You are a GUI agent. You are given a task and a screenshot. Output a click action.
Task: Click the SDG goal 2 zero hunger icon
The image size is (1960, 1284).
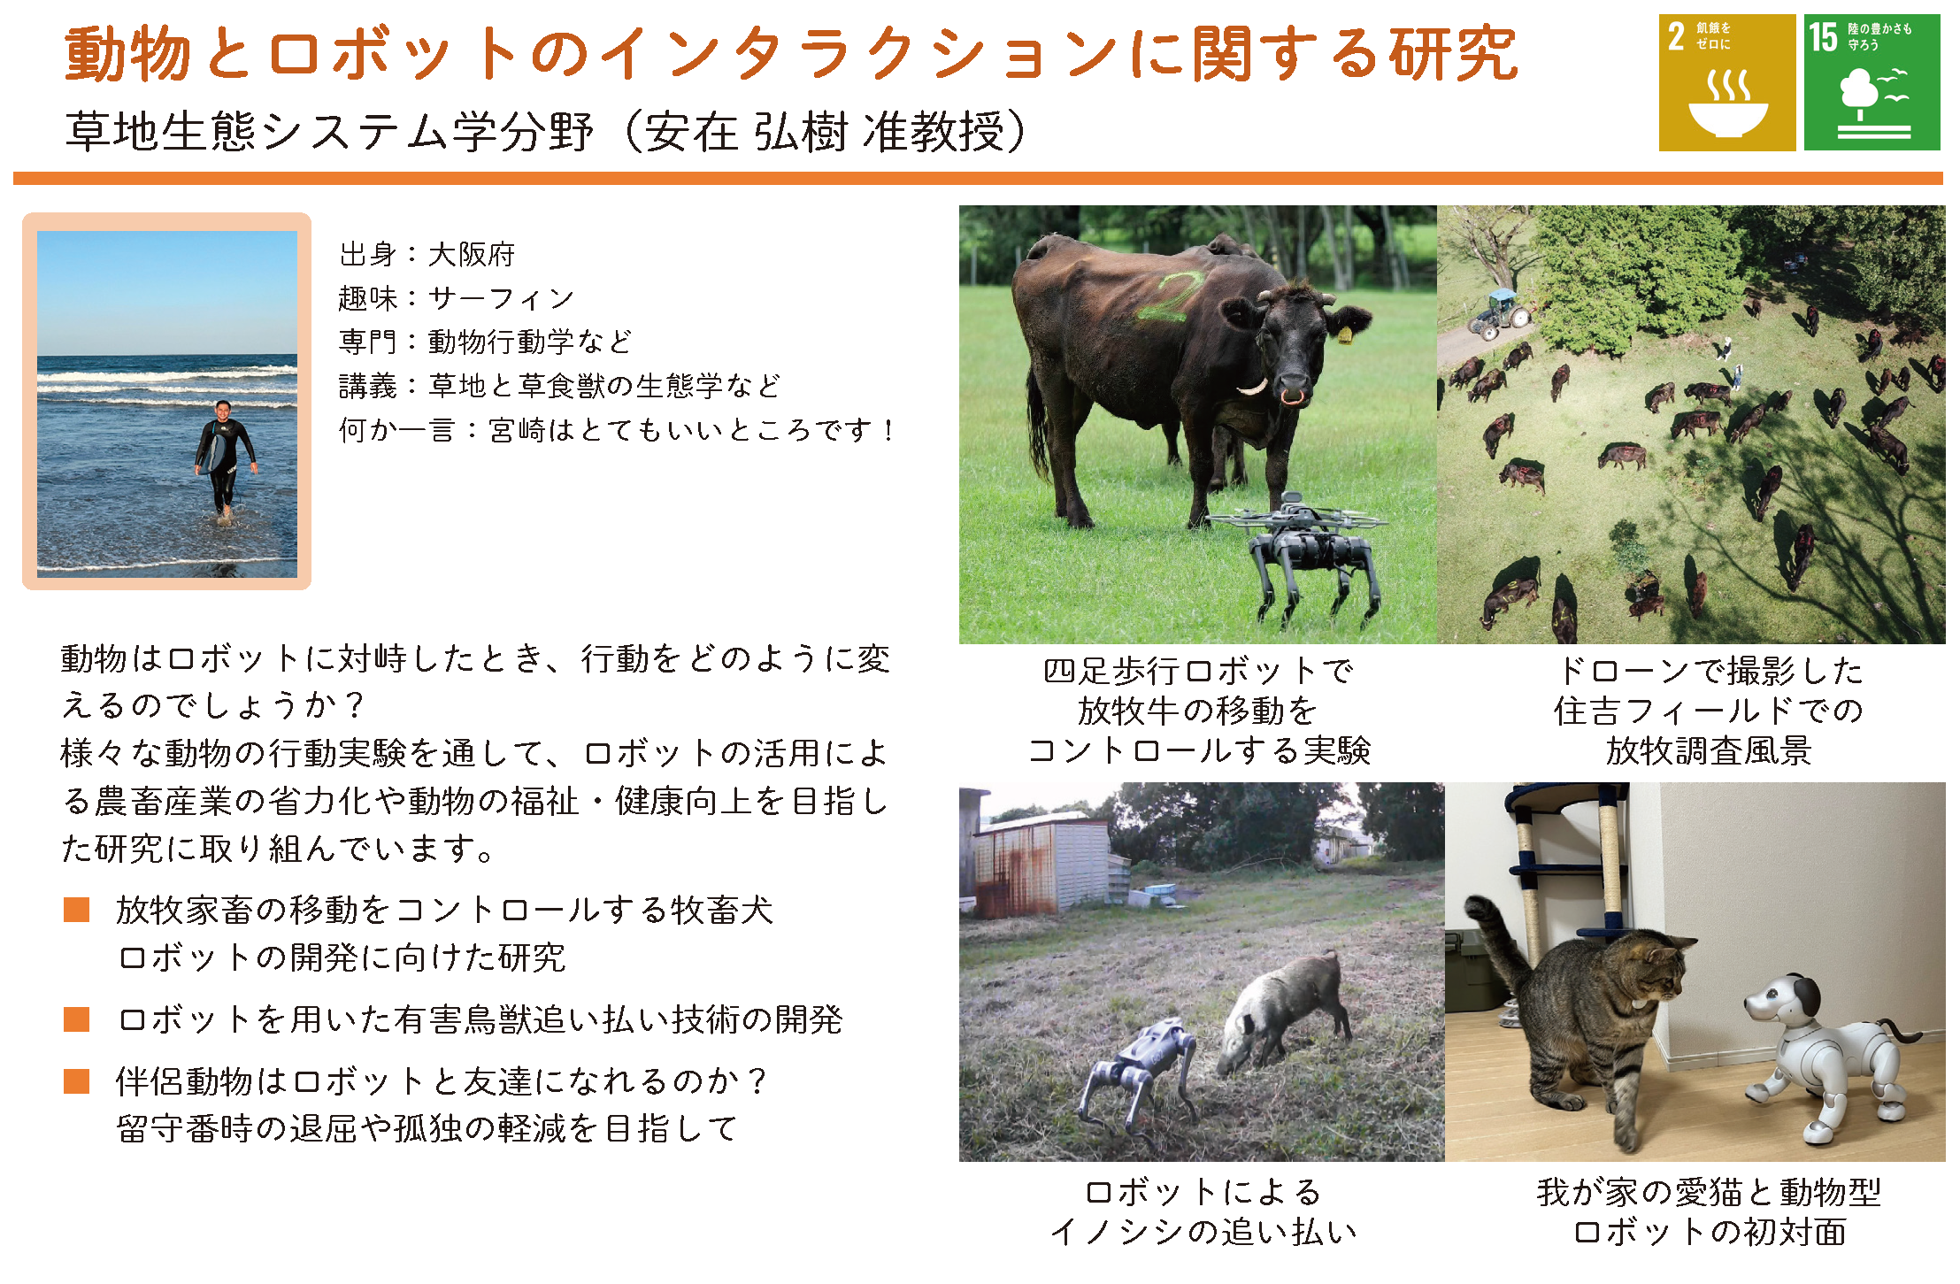pyautogui.click(x=1726, y=82)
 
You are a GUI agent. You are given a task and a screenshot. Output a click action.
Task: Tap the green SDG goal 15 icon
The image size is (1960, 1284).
pyautogui.click(x=1872, y=82)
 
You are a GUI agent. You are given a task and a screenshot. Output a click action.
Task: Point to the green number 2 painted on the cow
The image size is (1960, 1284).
pyautogui.click(x=1168, y=296)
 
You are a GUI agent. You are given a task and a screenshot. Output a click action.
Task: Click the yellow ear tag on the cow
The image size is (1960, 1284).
pyautogui.click(x=1344, y=334)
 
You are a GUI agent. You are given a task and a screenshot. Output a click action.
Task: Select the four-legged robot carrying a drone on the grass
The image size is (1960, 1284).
pyautogui.click(x=1305, y=553)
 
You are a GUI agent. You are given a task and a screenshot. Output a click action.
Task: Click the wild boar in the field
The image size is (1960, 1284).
pyautogui.click(x=1283, y=1009)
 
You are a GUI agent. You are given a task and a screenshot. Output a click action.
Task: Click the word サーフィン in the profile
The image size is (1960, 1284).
pyautogui.click(x=501, y=298)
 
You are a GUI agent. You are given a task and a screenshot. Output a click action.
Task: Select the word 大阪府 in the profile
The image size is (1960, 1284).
pyautogui.click(x=471, y=255)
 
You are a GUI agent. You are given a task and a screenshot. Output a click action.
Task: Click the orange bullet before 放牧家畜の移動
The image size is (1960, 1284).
pyautogui.click(x=77, y=910)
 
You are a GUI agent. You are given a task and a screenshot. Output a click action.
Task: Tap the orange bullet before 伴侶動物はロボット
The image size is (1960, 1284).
pyautogui.click(x=77, y=1081)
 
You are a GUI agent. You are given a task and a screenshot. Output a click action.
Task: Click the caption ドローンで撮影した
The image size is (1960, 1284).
pyautogui.click(x=1710, y=671)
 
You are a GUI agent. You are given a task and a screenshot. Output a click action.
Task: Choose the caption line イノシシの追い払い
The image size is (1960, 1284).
pyautogui.click(x=1203, y=1231)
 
